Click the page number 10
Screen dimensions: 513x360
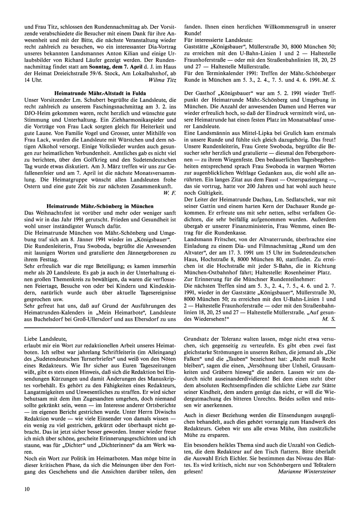click(27, 489)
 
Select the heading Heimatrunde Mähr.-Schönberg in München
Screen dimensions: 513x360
click(100, 206)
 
